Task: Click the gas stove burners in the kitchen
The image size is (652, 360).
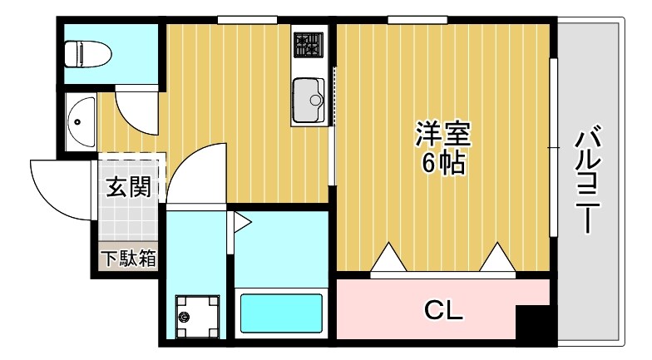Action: pos(310,46)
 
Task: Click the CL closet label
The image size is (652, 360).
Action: pos(442,311)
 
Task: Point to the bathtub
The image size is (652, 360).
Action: pos(280,313)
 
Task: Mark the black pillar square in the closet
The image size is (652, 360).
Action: pos(531,323)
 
